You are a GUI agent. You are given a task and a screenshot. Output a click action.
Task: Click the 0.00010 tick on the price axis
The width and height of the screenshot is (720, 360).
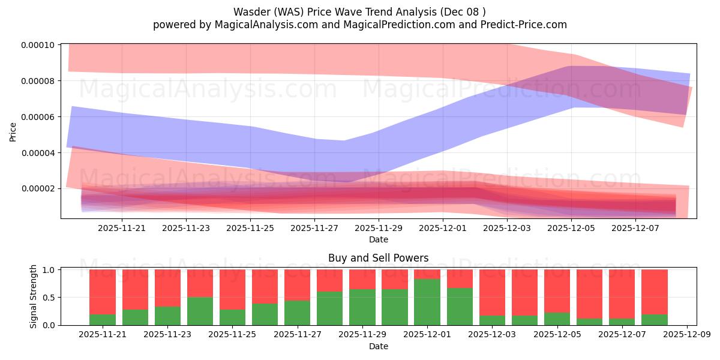(38, 45)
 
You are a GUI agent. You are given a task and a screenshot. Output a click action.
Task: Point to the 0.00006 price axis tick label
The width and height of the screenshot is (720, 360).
(38, 117)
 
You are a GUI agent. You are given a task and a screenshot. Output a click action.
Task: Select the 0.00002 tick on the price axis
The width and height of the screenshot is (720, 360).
(38, 188)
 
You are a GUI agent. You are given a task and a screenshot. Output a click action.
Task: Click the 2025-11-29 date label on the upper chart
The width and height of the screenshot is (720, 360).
(379, 228)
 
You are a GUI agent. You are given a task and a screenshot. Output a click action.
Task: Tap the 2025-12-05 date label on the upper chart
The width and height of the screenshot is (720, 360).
(571, 228)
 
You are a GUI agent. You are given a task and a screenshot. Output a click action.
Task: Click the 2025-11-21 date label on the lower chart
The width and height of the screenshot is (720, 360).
(103, 335)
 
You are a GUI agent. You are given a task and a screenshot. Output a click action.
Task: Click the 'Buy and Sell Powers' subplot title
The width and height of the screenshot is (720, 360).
(378, 259)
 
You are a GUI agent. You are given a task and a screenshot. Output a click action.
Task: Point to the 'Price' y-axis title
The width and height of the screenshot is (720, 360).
(13, 131)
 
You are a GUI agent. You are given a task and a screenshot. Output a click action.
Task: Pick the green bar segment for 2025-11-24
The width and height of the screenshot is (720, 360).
(200, 311)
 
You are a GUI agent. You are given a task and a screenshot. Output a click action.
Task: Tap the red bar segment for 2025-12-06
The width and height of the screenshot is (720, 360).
(589, 294)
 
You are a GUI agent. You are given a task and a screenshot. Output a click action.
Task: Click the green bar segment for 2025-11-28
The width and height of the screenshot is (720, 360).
(329, 308)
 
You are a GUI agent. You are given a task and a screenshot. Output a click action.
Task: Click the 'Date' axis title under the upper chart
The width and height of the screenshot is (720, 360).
(378, 239)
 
